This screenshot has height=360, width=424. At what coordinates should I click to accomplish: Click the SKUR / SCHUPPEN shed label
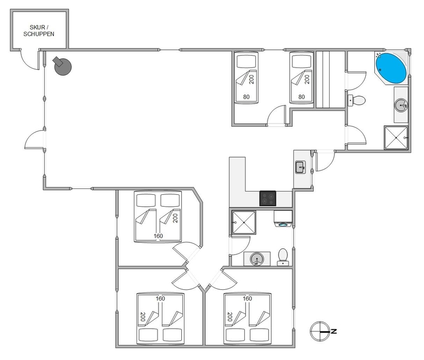(39, 31)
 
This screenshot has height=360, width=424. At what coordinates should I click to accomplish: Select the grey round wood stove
(63, 66)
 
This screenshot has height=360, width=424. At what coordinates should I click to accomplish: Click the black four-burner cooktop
(268, 198)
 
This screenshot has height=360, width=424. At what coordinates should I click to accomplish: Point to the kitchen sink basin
(300, 167)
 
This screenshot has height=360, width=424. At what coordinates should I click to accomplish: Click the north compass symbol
(320, 331)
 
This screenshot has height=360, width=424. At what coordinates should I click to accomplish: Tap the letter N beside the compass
(334, 331)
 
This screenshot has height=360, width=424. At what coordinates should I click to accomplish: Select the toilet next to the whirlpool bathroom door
(357, 100)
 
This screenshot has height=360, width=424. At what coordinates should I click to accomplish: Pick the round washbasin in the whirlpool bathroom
(401, 105)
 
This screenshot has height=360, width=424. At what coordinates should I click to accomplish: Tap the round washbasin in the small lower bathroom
(256, 259)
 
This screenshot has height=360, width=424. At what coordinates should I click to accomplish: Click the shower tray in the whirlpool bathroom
(396, 138)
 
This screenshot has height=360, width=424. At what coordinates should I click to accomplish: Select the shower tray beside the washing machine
(244, 222)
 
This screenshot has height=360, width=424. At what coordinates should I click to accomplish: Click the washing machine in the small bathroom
(283, 219)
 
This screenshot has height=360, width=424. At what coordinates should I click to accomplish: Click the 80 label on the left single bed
(246, 97)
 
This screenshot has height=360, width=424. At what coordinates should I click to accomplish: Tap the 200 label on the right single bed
(307, 79)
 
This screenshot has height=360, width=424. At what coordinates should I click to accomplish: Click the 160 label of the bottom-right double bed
(247, 298)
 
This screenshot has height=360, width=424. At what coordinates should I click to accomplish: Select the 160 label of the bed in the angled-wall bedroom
(158, 236)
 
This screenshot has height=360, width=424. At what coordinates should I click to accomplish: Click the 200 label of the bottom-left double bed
(143, 317)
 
